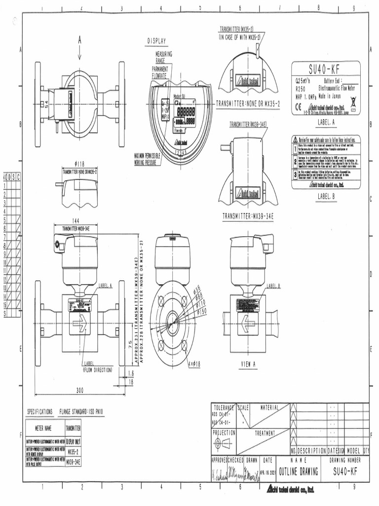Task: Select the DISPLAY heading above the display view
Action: [156, 41]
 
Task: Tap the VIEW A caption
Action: [248, 364]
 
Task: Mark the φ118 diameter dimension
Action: [80, 163]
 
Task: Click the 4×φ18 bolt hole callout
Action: [194, 364]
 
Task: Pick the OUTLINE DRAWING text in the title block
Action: [299, 471]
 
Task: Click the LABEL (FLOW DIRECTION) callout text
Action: [97, 367]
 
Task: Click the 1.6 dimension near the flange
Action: [130, 373]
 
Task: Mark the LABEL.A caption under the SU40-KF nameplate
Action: [326, 121]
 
